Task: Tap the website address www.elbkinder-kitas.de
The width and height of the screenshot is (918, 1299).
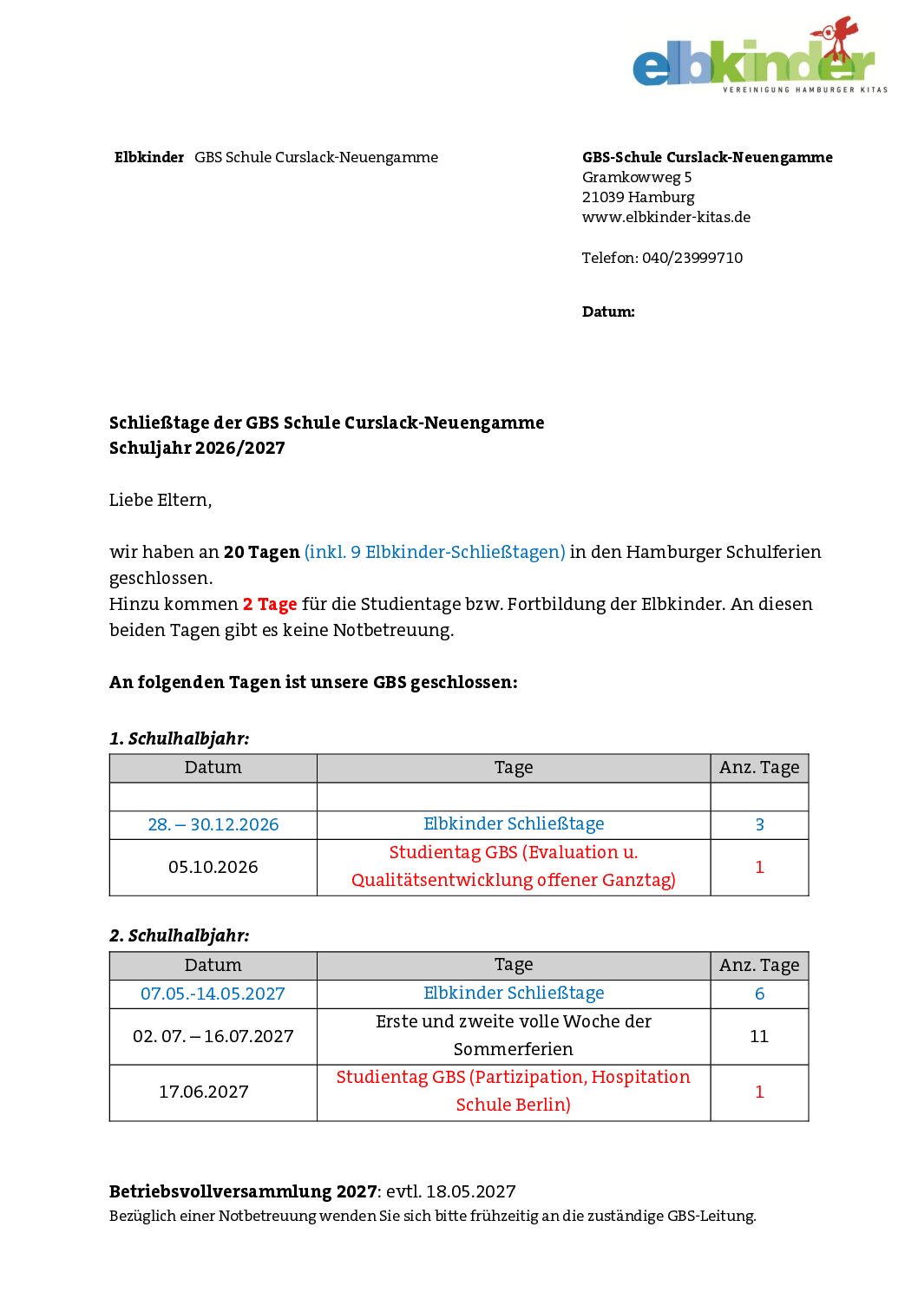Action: click(x=666, y=217)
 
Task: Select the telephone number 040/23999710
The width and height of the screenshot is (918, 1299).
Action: click(x=692, y=258)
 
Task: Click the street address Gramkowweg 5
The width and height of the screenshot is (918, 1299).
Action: click(x=636, y=177)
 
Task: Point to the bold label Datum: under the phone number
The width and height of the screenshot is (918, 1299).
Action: click(x=608, y=312)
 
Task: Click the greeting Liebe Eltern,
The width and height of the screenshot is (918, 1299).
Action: click(x=161, y=500)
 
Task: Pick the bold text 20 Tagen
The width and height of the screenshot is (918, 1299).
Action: click(x=261, y=552)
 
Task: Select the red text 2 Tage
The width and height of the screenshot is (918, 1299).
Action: click(x=270, y=604)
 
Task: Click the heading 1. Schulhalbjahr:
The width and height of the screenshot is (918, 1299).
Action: click(x=179, y=738)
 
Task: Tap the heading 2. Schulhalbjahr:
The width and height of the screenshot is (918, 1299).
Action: click(x=179, y=935)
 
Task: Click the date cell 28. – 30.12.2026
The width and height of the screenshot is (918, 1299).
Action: click(x=213, y=824)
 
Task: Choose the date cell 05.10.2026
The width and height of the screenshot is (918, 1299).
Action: click(x=213, y=867)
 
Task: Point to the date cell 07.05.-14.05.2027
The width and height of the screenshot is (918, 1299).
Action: click(x=213, y=994)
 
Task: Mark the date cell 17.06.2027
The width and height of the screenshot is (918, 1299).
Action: click(x=204, y=1092)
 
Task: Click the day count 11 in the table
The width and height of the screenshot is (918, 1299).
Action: click(x=759, y=1036)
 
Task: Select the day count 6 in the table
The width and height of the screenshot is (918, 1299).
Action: click(x=759, y=994)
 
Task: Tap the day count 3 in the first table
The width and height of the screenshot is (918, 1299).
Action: click(x=759, y=824)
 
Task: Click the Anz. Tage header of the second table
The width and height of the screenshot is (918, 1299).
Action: click(x=759, y=965)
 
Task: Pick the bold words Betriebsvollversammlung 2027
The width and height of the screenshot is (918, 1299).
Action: click(x=243, y=1191)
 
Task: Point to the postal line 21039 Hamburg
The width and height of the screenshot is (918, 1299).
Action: click(x=638, y=197)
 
